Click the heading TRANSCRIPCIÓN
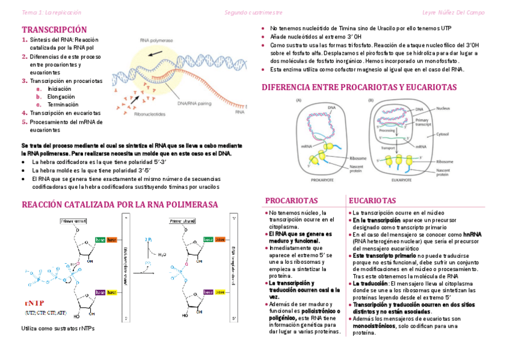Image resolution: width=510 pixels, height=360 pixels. click(54, 29)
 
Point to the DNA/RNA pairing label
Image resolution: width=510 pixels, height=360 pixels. click(194, 104)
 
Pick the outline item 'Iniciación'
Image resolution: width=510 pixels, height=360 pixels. click(60, 88)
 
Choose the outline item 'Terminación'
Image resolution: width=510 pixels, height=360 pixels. click(63, 104)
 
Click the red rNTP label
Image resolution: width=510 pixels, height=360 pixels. click(35, 302)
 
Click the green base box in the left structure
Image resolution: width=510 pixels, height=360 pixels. click(100, 240)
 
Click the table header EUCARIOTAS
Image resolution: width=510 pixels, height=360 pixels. click(374, 200)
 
